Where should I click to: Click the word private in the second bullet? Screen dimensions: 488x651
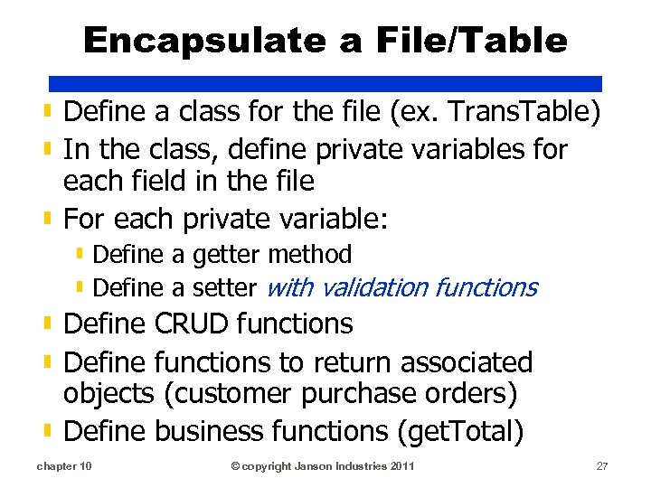point(347,147)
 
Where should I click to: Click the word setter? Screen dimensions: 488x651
point(226,288)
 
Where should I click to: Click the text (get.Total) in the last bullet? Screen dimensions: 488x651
point(460,432)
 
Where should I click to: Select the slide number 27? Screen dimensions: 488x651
point(602,465)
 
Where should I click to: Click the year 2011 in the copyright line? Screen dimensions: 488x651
point(403,465)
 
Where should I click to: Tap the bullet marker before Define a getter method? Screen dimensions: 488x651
point(80,255)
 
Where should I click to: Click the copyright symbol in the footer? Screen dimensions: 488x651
point(235,465)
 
